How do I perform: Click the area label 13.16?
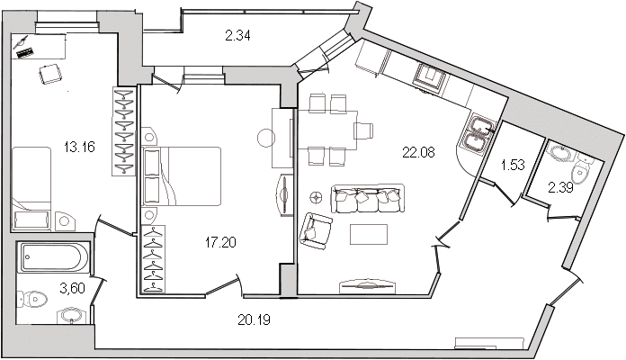(x=79, y=147)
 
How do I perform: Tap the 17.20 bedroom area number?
(x=220, y=242)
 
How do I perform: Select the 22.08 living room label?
(x=418, y=152)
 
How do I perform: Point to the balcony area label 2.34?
(x=237, y=36)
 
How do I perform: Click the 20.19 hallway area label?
(x=254, y=319)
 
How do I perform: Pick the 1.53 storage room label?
(x=513, y=165)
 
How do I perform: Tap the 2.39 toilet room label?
(x=560, y=187)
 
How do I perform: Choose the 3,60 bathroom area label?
(x=72, y=288)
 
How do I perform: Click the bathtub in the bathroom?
(x=53, y=256)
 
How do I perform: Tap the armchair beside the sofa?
(x=317, y=231)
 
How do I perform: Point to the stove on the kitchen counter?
(x=430, y=78)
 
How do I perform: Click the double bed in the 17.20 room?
(x=182, y=176)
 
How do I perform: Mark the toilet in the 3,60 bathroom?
(x=32, y=299)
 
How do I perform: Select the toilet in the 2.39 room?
(x=581, y=171)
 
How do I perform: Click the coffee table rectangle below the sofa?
(x=369, y=234)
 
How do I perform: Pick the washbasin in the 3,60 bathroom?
(x=72, y=316)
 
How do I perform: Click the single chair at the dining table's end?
(x=363, y=130)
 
